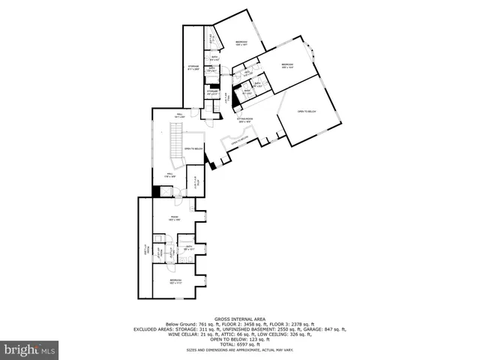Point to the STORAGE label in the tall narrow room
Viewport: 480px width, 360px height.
pos(193,68)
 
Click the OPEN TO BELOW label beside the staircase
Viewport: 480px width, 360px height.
pos(194,148)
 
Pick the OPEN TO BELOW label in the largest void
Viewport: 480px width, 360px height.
pos(307,112)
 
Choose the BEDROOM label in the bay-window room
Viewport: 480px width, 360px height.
pos(287,65)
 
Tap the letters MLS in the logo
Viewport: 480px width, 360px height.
pos(48,349)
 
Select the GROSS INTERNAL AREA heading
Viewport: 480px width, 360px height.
pos(239,319)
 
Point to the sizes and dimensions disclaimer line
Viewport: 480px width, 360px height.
pos(239,349)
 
